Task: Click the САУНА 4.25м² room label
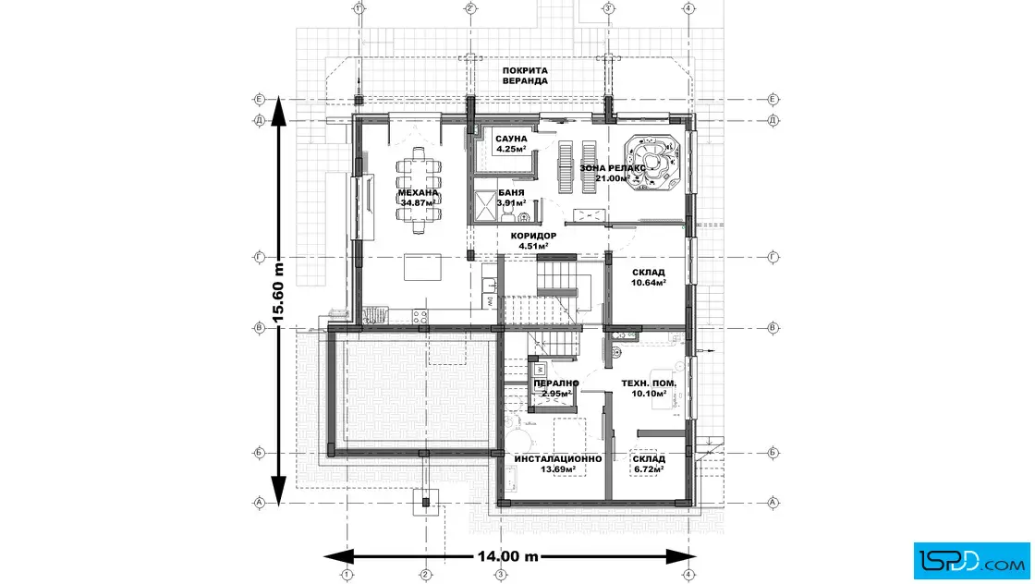pos(511,142)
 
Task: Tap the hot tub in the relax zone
pos(655,163)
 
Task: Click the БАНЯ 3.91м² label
pos(511,197)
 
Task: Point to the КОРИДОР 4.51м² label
pos(533,240)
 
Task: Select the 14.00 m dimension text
pos(507,557)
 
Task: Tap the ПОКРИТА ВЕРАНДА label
pos(526,76)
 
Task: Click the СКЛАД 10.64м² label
pos(649,277)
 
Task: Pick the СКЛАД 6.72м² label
pos(649,464)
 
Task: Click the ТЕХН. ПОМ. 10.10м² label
pos(649,387)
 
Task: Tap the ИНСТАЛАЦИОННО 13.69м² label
pos(559,464)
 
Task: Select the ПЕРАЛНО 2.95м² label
pos(556,387)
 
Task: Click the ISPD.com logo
pos(971,558)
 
